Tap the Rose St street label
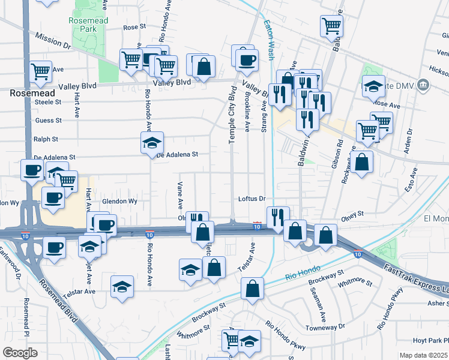coord(134,27)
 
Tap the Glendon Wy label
coord(120,202)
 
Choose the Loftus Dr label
coord(252,199)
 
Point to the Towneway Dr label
coord(325,328)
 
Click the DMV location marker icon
coord(424,85)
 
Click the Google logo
coord(20,352)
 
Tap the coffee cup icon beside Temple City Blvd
coord(246,59)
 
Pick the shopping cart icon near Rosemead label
coord(40,71)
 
